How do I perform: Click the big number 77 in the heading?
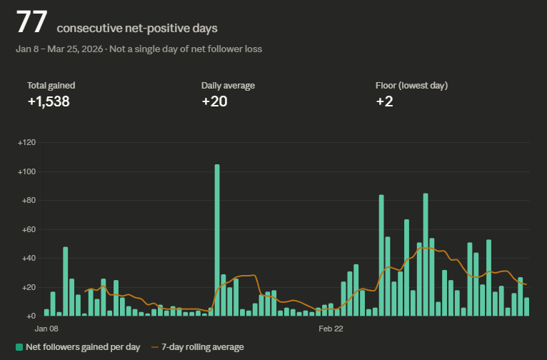click(x=31, y=23)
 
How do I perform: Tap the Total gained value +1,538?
click(x=49, y=101)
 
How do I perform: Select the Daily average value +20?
click(x=214, y=101)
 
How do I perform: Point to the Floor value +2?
click(x=384, y=101)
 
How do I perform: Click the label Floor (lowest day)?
click(x=411, y=86)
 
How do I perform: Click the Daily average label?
click(x=228, y=86)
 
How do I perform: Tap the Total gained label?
click(x=51, y=86)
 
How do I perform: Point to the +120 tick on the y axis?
click(x=26, y=143)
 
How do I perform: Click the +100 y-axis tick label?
click(x=26, y=172)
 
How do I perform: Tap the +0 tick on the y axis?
click(x=30, y=316)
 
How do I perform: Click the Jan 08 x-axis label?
click(x=46, y=329)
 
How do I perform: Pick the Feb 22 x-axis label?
click(x=331, y=329)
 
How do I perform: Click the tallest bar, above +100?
click(x=217, y=240)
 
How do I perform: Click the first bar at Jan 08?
click(x=46, y=312)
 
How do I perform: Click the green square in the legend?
click(x=19, y=347)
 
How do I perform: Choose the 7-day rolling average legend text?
click(x=203, y=347)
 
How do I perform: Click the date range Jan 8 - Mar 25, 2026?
click(x=60, y=49)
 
